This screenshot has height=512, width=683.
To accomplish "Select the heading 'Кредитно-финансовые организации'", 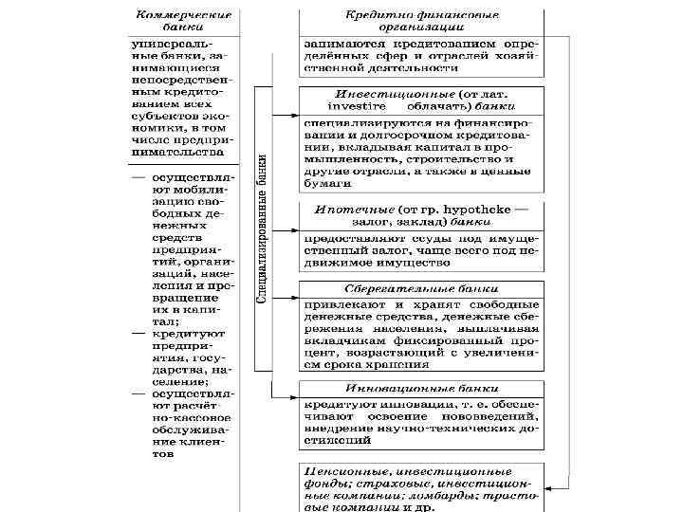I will (422, 21).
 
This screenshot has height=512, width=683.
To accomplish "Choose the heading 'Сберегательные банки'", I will (422, 289).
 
